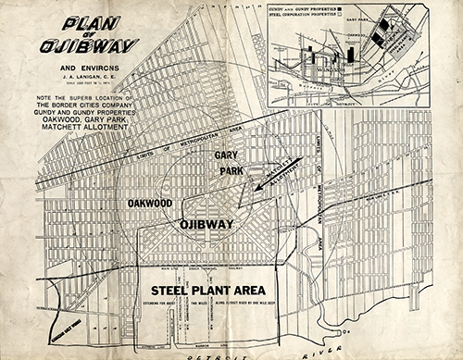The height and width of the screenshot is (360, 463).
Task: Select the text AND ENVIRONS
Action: pos(90,68)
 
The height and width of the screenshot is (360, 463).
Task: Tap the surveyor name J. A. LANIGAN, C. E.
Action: pos(90,78)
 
